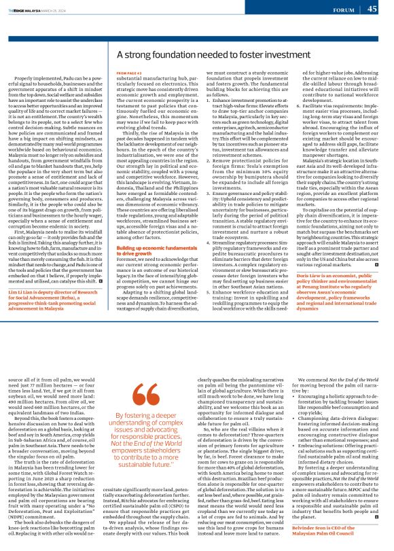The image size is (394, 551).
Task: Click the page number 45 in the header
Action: [x=372, y=9]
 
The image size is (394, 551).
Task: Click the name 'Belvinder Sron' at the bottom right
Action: [x=311, y=531]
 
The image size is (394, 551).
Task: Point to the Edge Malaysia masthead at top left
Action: [x=27, y=9]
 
